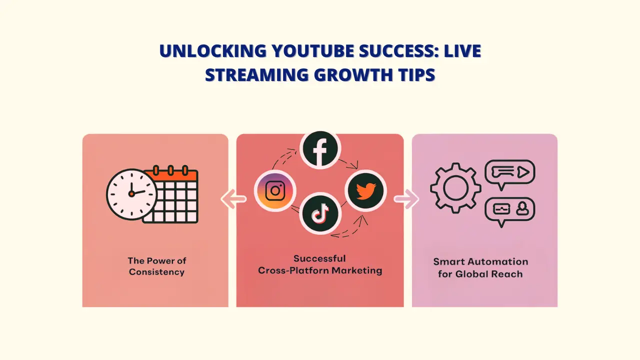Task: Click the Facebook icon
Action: pos(320,148)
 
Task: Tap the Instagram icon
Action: pos(275,191)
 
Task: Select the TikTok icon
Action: pos(320,214)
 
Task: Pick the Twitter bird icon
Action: pos(366,191)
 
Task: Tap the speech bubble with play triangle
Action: pos(509,173)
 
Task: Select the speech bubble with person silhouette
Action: pos(509,210)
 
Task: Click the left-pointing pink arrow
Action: pos(234,199)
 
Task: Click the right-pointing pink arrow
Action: pos(406,199)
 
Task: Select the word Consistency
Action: pos(156,272)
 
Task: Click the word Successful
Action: pos(319,258)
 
